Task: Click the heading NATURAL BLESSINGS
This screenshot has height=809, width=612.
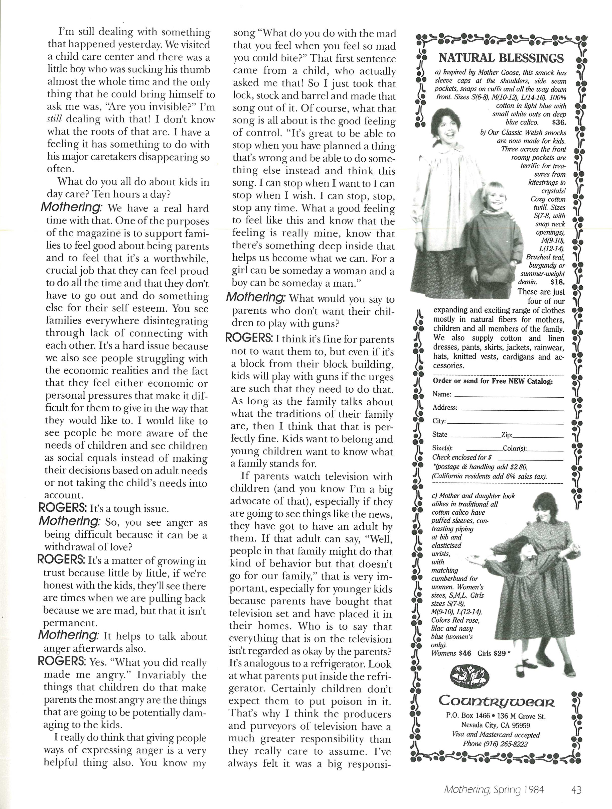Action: [x=501, y=58]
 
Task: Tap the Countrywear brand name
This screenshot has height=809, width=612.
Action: [x=496, y=700]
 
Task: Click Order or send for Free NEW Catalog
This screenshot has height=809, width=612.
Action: [x=493, y=381]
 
